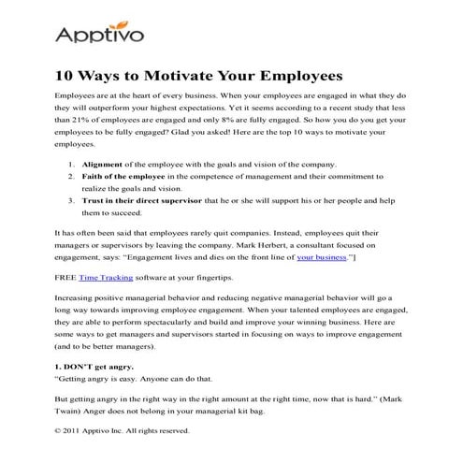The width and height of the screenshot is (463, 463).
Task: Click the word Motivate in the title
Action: coord(207,74)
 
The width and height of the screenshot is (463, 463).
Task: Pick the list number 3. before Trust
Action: coord(74,200)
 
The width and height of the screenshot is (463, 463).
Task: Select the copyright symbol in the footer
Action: coord(60,431)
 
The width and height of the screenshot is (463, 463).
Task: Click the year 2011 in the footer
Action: coord(77,431)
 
